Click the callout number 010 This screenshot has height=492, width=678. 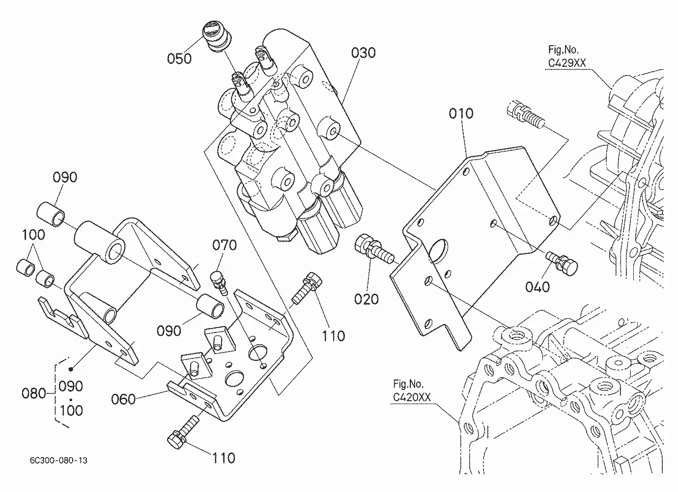pos(461,113)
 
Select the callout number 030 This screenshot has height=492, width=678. pos(363,53)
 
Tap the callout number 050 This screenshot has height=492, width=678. pos(179,59)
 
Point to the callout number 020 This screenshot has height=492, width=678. pos(366,299)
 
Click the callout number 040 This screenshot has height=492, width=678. pos(537,287)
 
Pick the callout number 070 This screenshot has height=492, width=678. pos(225,245)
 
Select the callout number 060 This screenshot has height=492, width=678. pos(123,399)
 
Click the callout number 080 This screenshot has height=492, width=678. pos(33,393)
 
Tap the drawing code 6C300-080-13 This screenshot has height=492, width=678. pos(58,461)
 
